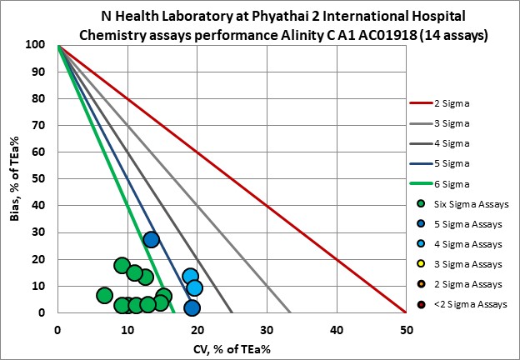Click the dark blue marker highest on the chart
click(151, 240)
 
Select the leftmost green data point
click(104, 295)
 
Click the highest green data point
click(122, 266)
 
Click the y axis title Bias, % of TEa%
click(14, 178)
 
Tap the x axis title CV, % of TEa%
click(231, 348)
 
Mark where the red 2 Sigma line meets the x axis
click(405, 313)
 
